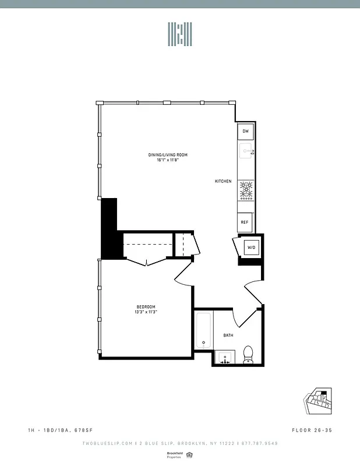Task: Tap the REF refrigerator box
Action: coord(245,222)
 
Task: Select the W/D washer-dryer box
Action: coord(252,248)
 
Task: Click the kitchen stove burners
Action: coord(246,190)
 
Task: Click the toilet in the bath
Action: coord(248,354)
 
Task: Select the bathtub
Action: coord(204,331)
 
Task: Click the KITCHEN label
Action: coord(223,181)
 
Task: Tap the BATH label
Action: coord(229,335)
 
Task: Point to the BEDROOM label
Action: coord(146,307)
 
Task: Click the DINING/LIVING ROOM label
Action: coord(167,155)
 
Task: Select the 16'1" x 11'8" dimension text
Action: coord(167,160)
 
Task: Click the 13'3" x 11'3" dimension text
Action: coord(146,312)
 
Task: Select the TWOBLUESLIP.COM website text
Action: coord(106,443)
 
